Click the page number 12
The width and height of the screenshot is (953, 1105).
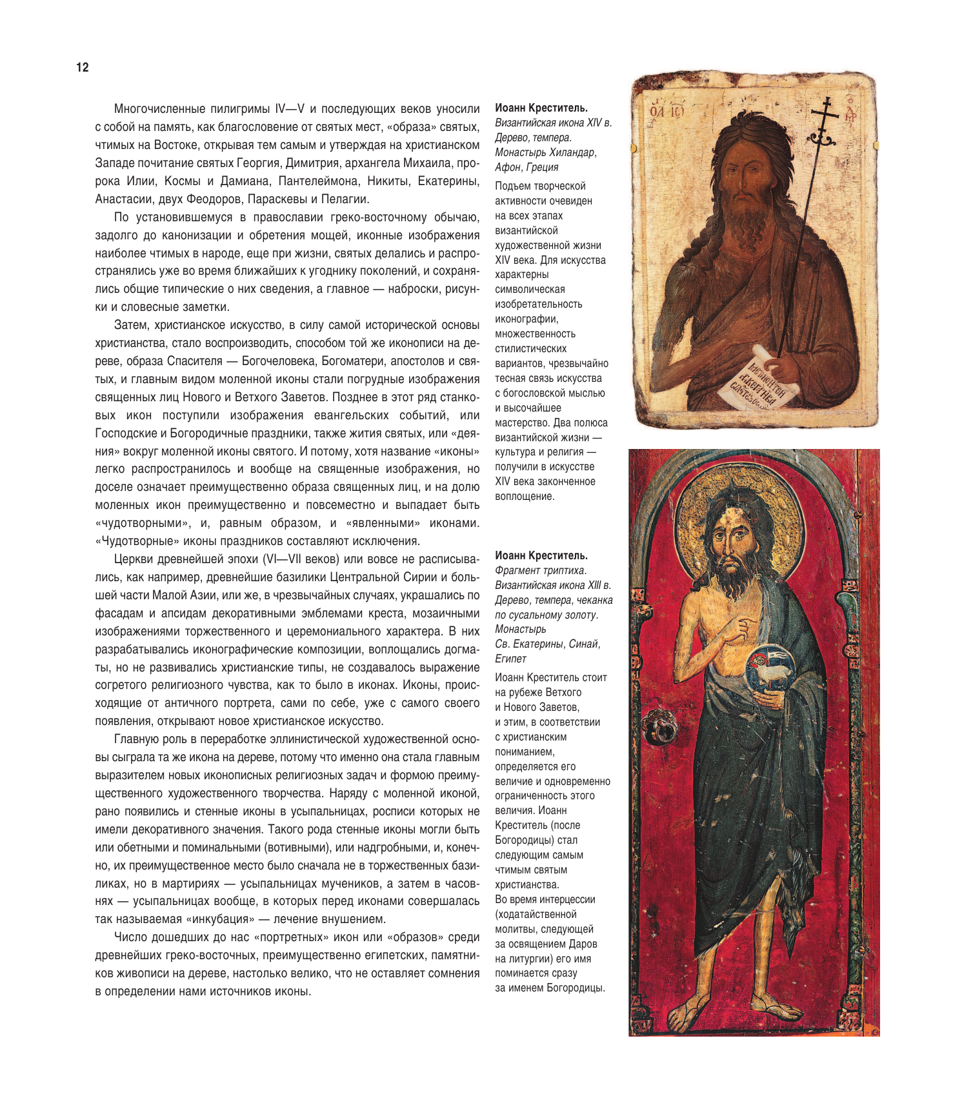pyautogui.click(x=82, y=68)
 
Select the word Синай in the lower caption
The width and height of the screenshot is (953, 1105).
pyautogui.click(x=584, y=644)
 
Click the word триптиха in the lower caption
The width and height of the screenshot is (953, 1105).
pyautogui.click(x=563, y=570)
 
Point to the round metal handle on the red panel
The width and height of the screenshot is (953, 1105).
pyautogui.click(x=661, y=726)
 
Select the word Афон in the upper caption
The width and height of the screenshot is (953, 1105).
pyautogui.click(x=508, y=167)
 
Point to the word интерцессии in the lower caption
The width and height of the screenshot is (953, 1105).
pyautogui.click(x=565, y=899)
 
